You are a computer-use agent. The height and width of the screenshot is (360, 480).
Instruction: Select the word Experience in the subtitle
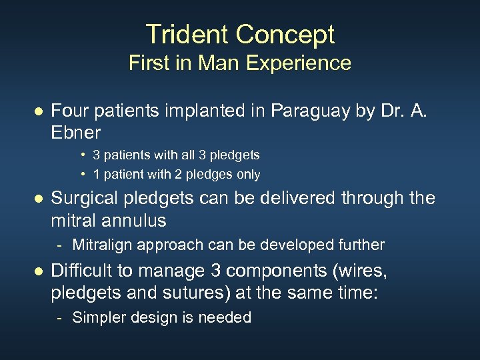pos(299,63)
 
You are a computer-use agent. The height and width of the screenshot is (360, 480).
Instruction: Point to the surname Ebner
pos(76,132)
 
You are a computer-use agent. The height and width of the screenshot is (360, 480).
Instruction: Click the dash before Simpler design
pos(60,318)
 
